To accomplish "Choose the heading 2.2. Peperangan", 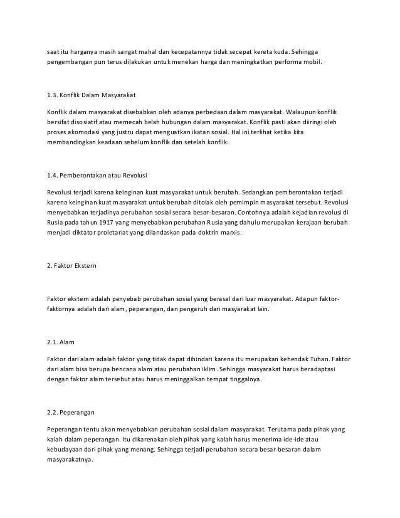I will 71,413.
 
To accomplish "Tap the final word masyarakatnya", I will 70,461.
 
